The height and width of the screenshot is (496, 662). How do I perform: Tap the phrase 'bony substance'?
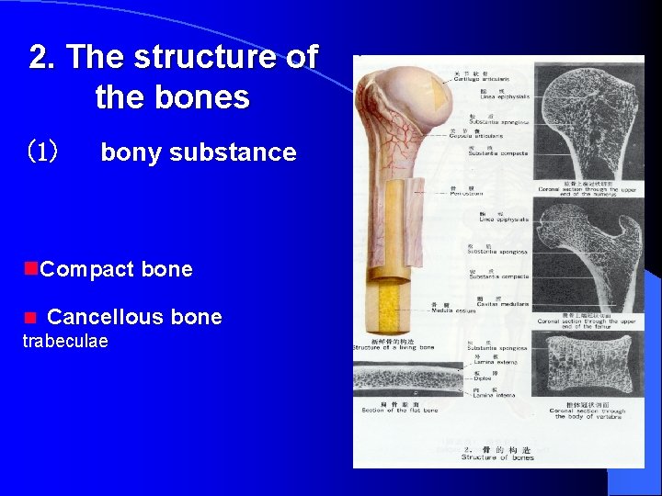[x=198, y=152]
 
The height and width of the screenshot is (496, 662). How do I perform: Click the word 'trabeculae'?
[x=65, y=342]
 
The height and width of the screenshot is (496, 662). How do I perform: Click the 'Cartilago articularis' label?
[x=473, y=80]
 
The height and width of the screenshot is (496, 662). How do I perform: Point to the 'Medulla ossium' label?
[x=452, y=310]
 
